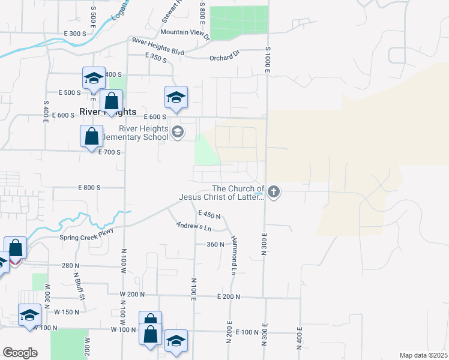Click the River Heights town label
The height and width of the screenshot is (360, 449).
point(108,112)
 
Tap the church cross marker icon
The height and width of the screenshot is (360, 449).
point(274,192)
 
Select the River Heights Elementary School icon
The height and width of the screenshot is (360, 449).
point(177,132)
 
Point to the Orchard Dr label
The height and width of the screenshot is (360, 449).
point(224,58)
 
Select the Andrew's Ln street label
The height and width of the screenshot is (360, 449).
point(194,227)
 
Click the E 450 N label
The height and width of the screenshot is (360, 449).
point(209,214)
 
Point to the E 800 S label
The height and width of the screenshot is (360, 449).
point(89,187)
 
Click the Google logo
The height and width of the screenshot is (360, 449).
point(20,353)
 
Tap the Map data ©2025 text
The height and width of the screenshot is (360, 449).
point(423,355)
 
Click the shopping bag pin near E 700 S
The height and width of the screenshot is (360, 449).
point(91,136)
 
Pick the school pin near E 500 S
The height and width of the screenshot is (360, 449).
point(94,78)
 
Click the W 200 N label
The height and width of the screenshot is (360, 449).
point(132,294)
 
